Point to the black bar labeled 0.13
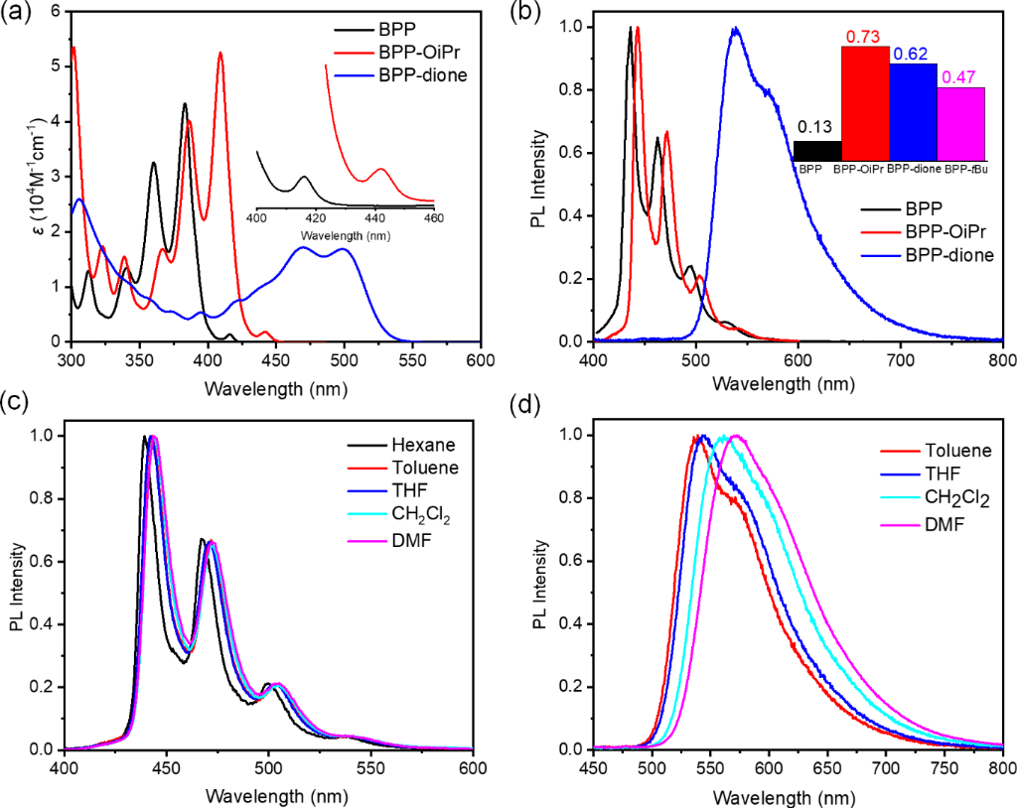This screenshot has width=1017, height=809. pyautogui.click(x=817, y=150)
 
